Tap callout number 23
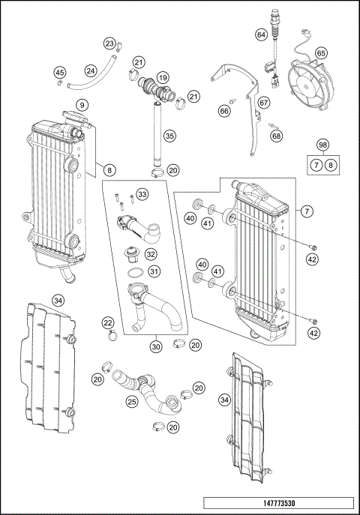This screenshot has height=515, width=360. [x=109, y=43]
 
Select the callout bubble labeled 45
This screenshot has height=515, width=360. [x=60, y=72]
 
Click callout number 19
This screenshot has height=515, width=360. [x=163, y=76]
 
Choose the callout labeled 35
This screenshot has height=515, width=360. [x=170, y=136]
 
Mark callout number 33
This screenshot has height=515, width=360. [x=142, y=195]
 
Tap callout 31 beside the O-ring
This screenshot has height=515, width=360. [x=152, y=271]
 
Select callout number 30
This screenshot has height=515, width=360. [x=156, y=346]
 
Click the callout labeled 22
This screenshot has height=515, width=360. [x=109, y=322]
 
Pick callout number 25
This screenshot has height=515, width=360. [x=132, y=403]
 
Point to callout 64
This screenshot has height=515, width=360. [x=261, y=34]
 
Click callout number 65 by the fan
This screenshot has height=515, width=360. [x=321, y=53]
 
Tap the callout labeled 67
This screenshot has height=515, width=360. [x=264, y=102]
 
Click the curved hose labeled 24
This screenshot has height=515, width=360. [x=94, y=75]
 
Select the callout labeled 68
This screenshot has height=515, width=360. [x=277, y=136]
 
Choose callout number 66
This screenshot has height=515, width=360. [x=224, y=110]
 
